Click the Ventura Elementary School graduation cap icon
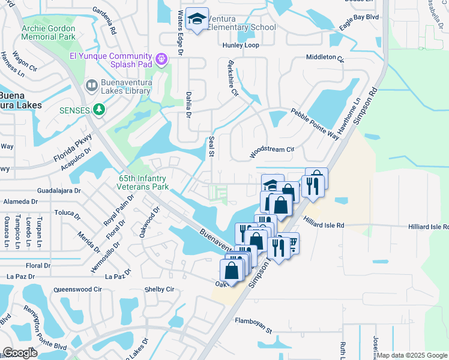[x=196, y=19]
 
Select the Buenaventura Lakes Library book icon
[x=91, y=86]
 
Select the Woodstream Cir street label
[x=272, y=151]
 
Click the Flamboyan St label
[x=253, y=325]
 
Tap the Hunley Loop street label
[x=241, y=45]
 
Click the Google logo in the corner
[x=20, y=353]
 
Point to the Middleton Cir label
[x=324, y=58]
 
